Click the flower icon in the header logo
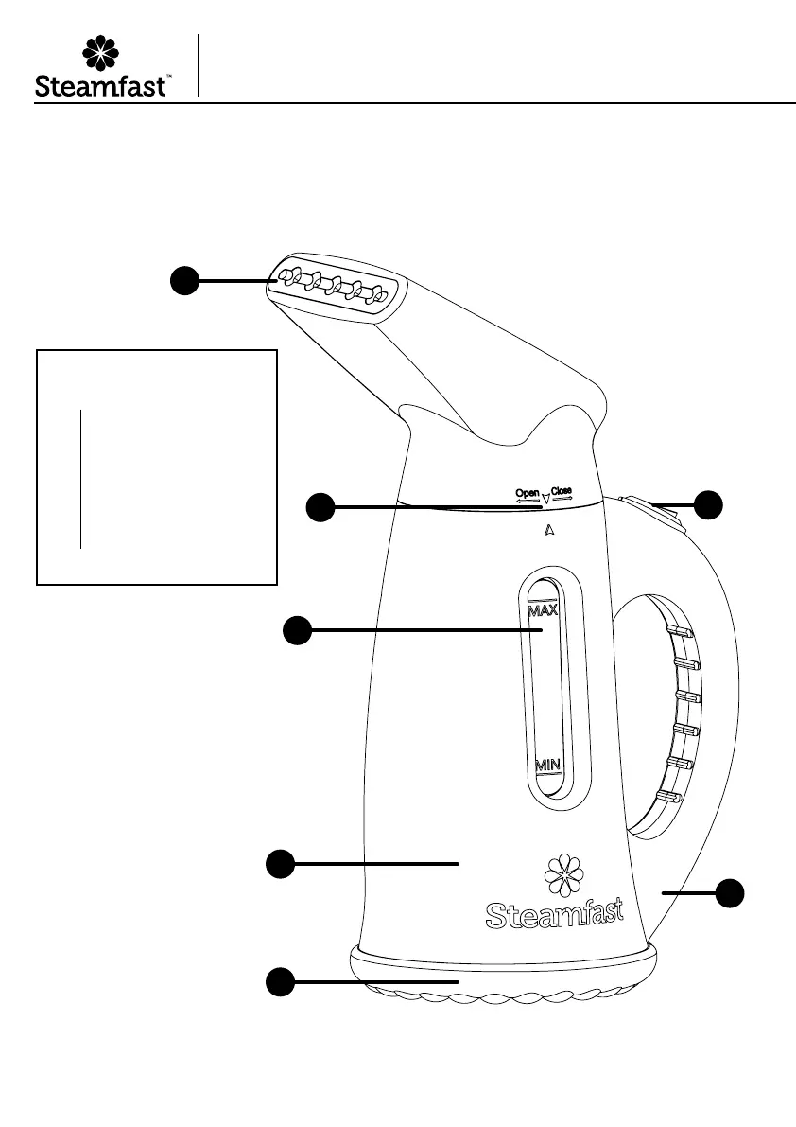(x=100, y=54)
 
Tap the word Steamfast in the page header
(x=102, y=87)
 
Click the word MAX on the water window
(x=543, y=610)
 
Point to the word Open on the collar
(x=527, y=493)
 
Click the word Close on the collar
(x=562, y=492)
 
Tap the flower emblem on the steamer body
(x=563, y=876)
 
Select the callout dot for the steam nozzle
(x=184, y=280)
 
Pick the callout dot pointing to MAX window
(x=299, y=630)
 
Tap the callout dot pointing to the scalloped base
(x=278, y=982)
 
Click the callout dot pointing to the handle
(x=729, y=892)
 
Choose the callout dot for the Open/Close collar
(x=321, y=507)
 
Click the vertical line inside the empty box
(x=81, y=479)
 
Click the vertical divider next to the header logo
(x=199, y=64)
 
